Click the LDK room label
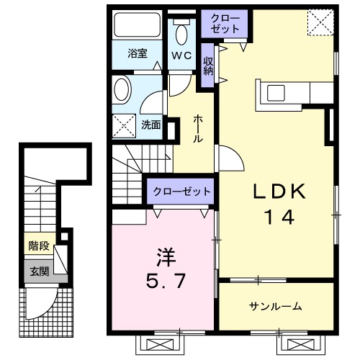(281, 192)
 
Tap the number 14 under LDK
(281, 217)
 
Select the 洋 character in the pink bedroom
(164, 257)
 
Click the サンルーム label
(276, 307)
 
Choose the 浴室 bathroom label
(138, 53)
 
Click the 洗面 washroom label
(150, 125)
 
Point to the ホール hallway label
(197, 127)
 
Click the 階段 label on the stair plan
(39, 246)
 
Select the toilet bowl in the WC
(181, 32)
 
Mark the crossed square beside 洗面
(125, 125)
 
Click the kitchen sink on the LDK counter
(276, 93)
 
